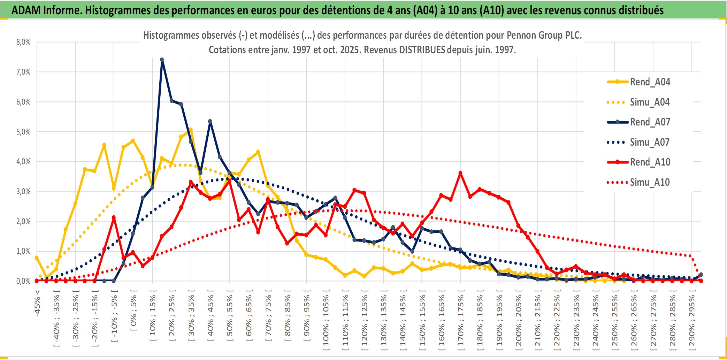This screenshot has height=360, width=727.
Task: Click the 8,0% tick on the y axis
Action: [23, 42]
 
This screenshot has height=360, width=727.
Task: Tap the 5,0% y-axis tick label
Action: [23, 132]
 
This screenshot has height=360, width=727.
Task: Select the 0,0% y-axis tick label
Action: [23, 281]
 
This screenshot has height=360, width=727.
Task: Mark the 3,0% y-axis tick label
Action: [23, 191]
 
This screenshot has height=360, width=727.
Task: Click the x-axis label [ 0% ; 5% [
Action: [134, 310]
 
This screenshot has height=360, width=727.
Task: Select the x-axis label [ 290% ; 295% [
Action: [692, 320]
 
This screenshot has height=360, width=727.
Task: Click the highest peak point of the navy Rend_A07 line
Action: [162, 60]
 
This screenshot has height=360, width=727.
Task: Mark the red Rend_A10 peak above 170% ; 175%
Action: [460, 173]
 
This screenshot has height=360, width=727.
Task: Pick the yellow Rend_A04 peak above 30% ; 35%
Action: [191, 130]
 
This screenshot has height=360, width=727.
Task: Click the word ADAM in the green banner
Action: [26, 10]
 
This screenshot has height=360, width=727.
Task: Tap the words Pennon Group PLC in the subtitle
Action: [544, 35]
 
